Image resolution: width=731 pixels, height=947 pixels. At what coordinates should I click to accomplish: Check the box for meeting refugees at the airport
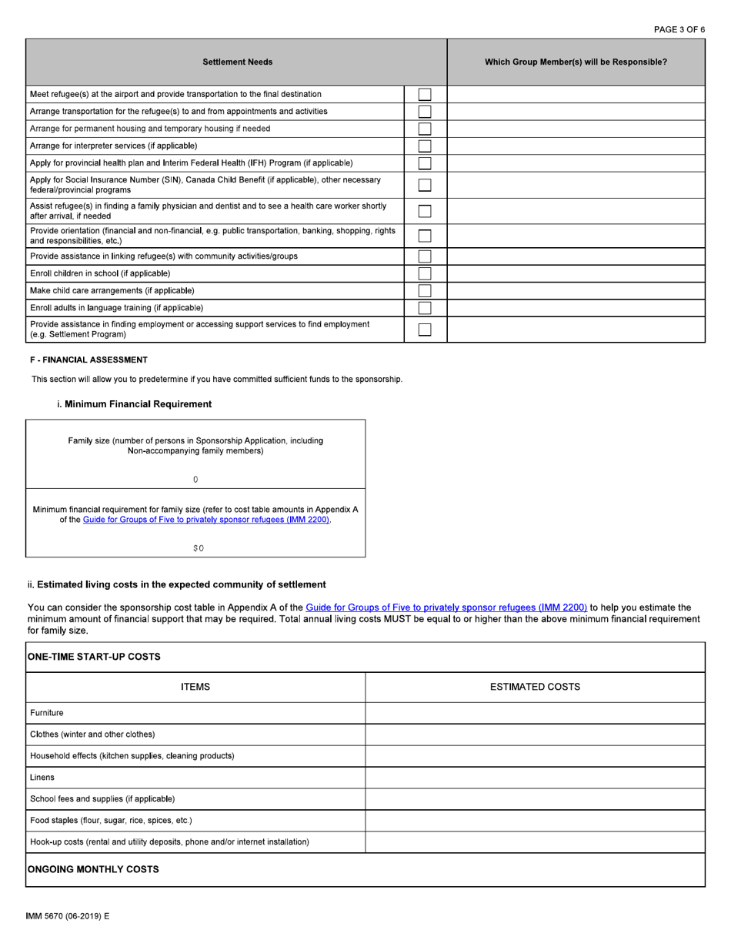(x=425, y=95)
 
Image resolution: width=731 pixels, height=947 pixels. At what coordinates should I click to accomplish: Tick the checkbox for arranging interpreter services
(x=425, y=146)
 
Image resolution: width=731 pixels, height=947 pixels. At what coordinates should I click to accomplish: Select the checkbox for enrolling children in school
(x=425, y=273)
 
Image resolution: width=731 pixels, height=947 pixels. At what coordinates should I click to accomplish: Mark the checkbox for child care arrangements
(x=425, y=290)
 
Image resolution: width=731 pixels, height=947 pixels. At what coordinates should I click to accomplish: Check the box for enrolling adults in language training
(x=425, y=308)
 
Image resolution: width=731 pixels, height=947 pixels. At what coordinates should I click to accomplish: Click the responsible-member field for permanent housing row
(x=576, y=129)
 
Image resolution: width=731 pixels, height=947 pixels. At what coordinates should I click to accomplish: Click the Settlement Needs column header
(x=237, y=62)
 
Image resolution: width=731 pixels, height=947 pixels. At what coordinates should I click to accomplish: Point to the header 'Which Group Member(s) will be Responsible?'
(x=576, y=62)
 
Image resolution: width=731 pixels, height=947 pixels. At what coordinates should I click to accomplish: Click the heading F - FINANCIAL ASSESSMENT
(x=88, y=360)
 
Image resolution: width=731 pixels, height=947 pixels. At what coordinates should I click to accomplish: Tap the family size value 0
(x=195, y=480)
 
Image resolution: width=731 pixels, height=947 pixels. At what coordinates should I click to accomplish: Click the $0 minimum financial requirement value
(x=198, y=548)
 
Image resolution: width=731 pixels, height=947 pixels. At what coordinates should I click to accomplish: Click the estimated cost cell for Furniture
(x=535, y=713)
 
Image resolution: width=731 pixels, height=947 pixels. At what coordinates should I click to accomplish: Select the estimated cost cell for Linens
(x=535, y=778)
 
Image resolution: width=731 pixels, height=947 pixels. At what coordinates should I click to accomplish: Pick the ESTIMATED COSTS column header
(x=535, y=687)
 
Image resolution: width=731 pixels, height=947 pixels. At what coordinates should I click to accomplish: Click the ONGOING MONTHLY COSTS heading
(x=93, y=869)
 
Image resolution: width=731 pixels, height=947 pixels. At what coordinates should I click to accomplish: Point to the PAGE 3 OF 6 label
(x=679, y=29)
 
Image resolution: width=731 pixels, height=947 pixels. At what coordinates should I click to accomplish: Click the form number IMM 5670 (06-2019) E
(x=67, y=916)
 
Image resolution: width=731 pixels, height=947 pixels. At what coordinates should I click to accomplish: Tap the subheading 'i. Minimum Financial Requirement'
(x=134, y=404)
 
